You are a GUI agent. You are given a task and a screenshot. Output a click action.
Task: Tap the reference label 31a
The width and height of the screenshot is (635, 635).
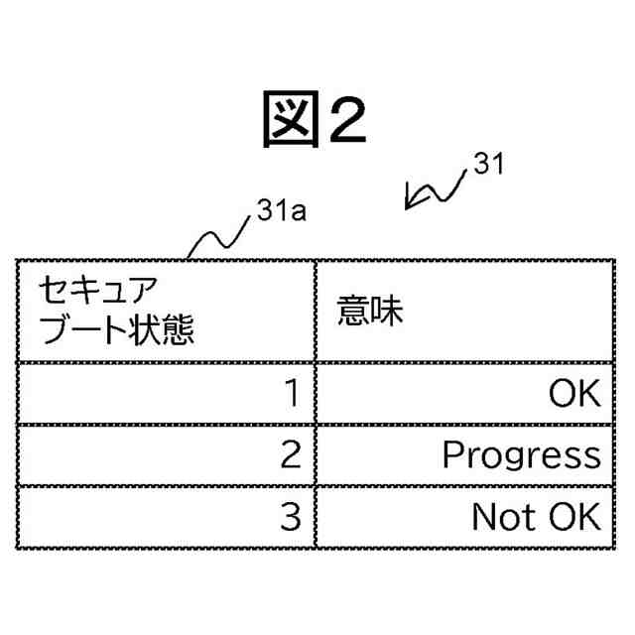pyautogui.click(x=280, y=211)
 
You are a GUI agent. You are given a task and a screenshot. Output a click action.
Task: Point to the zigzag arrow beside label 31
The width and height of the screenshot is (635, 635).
pyautogui.click(x=435, y=190)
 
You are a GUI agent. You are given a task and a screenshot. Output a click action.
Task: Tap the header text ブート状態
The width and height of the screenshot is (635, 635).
pyautogui.click(x=116, y=328)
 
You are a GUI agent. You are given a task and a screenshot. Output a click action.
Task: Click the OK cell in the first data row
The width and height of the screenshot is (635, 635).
pyautogui.click(x=574, y=394)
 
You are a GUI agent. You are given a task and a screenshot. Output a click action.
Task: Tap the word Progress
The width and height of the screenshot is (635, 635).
pyautogui.click(x=521, y=455)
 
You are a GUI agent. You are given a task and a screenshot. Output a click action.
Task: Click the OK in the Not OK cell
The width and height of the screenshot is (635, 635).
pyautogui.click(x=574, y=516)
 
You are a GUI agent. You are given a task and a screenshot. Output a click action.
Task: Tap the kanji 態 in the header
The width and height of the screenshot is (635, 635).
pyautogui.click(x=178, y=328)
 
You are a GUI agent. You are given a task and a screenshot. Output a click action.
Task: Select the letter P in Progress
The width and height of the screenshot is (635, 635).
pyautogui.click(x=452, y=454)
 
